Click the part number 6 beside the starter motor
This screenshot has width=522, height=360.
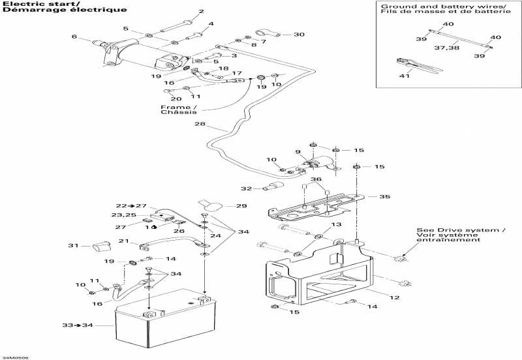[74, 37]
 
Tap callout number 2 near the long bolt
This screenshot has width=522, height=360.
[201, 12]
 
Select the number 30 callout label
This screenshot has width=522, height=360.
[299, 35]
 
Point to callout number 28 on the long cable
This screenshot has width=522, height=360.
[199, 125]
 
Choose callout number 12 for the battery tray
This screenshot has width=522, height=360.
[394, 298]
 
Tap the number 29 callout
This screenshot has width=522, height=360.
[242, 206]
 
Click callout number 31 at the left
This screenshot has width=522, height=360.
[74, 246]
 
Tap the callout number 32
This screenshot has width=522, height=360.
[246, 189]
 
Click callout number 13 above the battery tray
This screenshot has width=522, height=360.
[336, 225]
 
